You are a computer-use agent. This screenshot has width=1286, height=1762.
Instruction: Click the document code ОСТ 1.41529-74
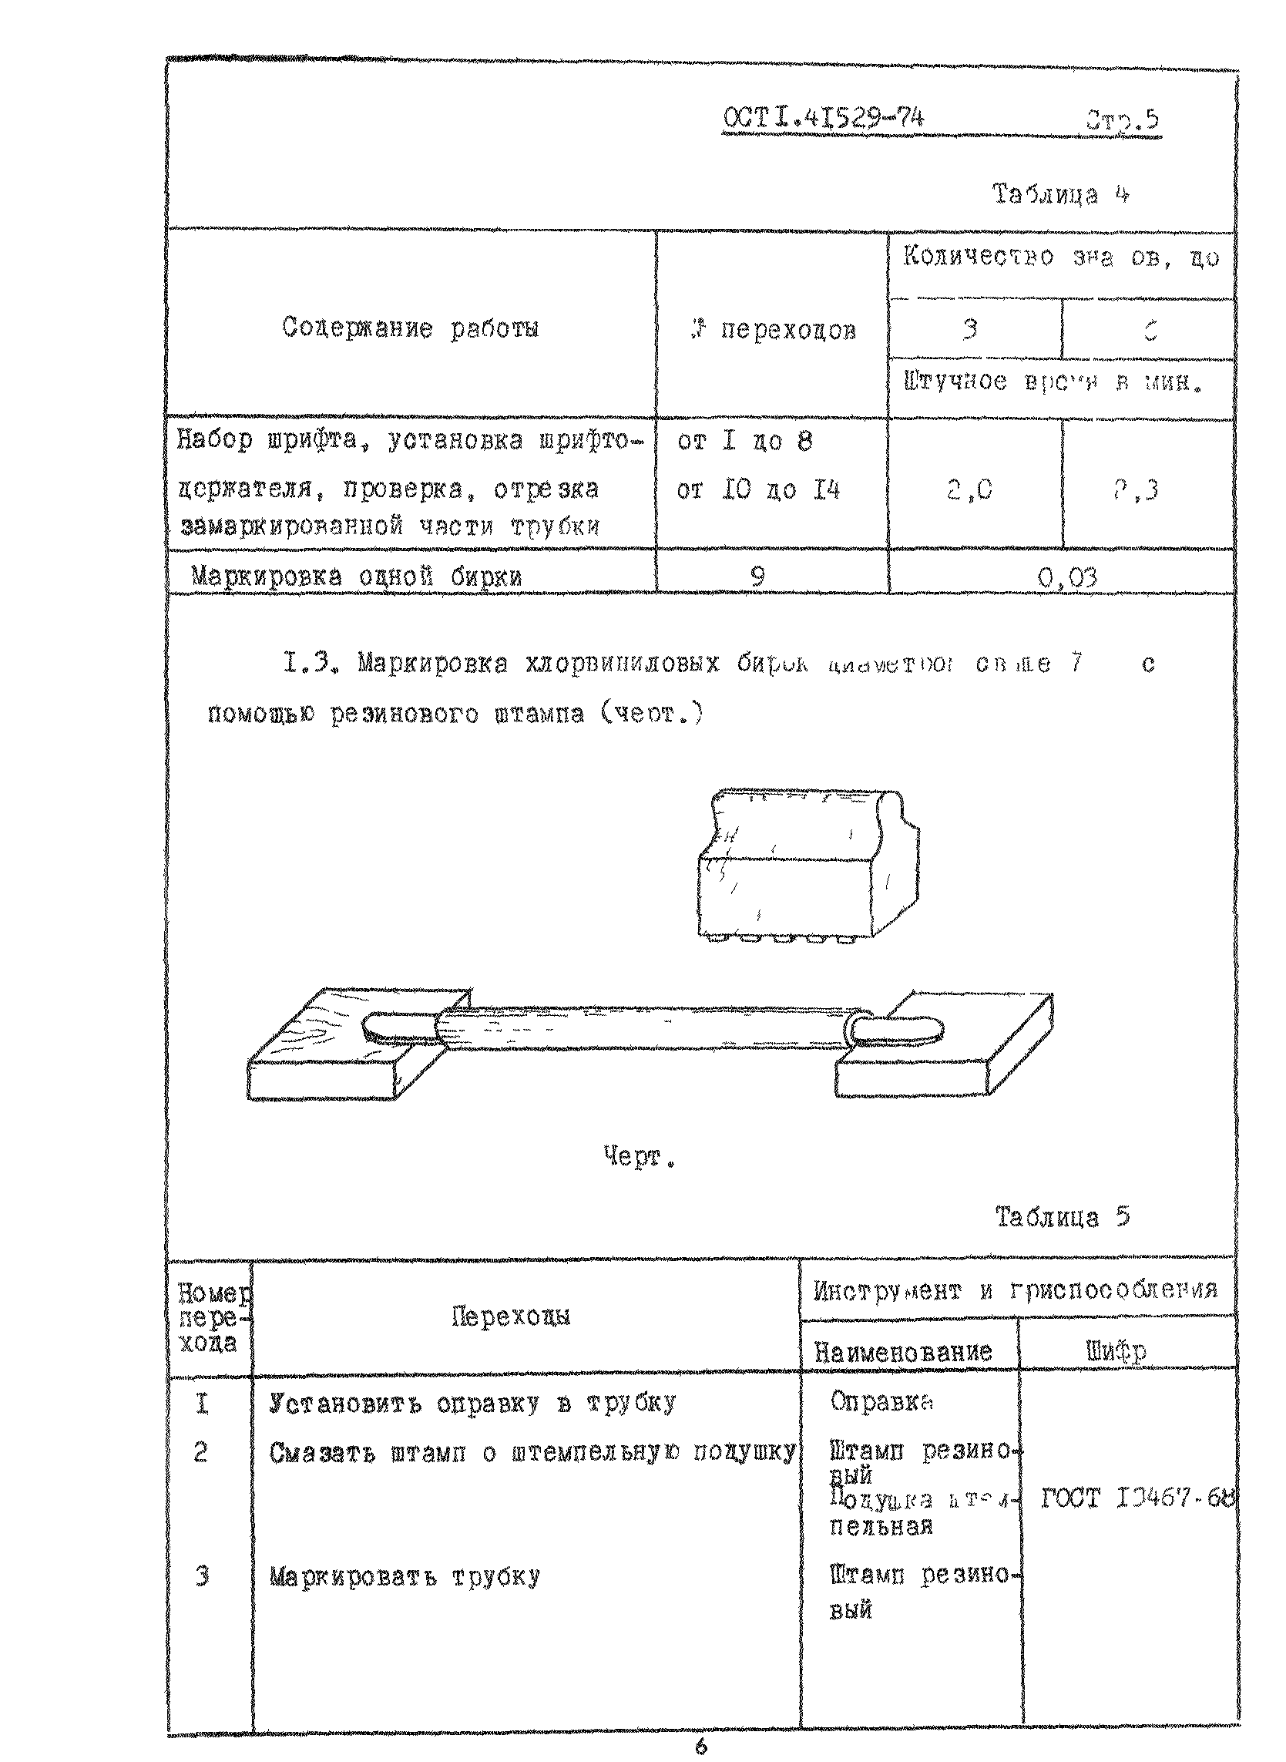[823, 119]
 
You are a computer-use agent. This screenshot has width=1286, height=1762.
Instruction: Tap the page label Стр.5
[1122, 122]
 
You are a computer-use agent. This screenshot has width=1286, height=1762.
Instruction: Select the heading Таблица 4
[1060, 194]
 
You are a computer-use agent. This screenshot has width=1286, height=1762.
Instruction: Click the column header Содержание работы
[410, 328]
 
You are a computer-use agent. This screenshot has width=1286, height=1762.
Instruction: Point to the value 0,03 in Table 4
[1067, 577]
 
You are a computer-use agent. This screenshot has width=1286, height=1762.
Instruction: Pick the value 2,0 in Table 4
[969, 490]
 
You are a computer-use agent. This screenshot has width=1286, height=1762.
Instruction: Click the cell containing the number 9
[757, 576]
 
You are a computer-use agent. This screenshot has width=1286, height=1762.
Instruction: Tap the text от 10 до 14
[758, 490]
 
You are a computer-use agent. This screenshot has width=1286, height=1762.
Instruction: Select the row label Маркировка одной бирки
[356, 577]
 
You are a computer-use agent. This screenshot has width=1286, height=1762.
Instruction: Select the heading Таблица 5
[1062, 1217]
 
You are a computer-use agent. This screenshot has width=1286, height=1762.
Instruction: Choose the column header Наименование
[902, 1352]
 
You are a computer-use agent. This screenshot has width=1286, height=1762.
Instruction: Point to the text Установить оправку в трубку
[472, 1403]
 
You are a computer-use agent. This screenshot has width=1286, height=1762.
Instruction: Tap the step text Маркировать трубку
[404, 1578]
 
